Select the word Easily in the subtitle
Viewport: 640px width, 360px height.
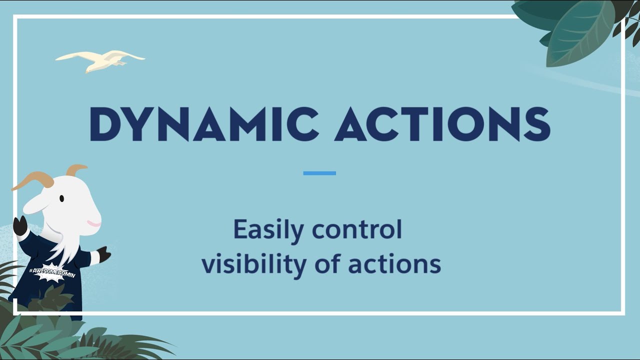(268, 230)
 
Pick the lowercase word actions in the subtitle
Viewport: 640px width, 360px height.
(394, 264)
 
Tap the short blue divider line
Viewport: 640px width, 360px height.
(319, 173)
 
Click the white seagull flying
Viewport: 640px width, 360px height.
(100, 60)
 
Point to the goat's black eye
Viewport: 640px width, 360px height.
(61, 198)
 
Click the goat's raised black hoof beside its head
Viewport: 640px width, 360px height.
(20, 226)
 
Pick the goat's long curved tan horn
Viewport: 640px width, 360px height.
(32, 180)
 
